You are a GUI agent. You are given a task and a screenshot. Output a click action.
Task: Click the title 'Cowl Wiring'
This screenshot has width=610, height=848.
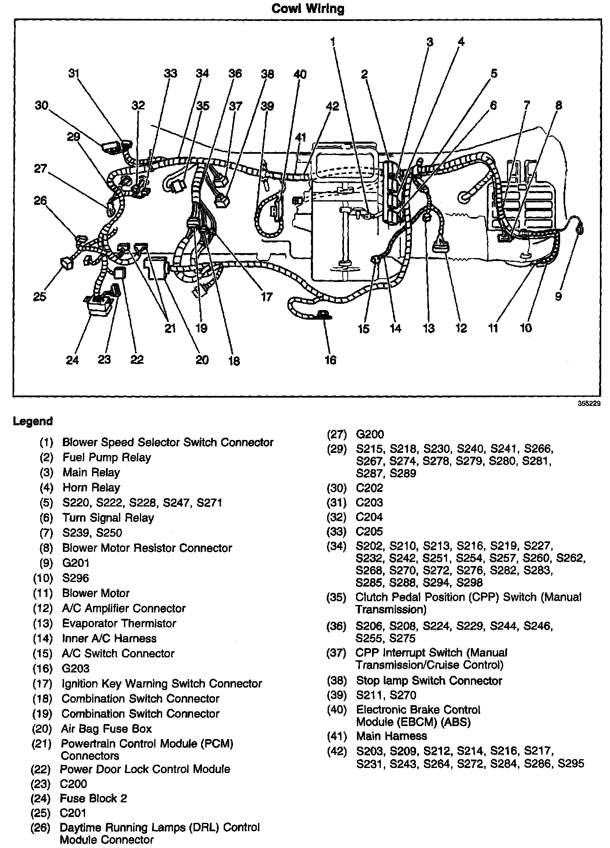308,9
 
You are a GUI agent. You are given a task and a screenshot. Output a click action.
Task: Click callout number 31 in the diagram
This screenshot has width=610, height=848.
74,73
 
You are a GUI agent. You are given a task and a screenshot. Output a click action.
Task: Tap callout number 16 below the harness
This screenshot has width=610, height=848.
330,359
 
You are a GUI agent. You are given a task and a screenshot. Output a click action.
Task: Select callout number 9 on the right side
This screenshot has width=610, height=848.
558,297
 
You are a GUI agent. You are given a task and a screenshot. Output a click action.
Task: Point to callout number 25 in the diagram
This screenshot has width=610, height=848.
40,297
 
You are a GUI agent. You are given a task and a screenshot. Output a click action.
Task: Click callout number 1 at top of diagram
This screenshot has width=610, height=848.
333,41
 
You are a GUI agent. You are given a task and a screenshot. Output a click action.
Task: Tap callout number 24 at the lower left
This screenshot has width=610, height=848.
72,359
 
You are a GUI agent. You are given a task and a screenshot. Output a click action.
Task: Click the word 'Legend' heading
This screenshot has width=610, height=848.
33,421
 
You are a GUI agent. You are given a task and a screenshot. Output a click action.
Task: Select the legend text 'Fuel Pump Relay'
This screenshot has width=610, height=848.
106,457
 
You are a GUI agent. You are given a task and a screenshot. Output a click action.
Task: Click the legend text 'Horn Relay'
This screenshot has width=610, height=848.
91,487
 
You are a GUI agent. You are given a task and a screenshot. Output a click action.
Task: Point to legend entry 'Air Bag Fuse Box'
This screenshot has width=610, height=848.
106,729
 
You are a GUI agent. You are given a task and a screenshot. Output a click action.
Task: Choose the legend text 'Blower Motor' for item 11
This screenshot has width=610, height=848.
96,593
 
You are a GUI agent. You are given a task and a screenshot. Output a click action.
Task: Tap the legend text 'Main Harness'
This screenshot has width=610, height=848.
391,736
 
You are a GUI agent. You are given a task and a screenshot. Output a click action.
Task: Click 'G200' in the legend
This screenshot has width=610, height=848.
370,434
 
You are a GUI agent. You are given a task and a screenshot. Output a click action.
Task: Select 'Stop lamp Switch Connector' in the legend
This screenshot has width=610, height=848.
429,681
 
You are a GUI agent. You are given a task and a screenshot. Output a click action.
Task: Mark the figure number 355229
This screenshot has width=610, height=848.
589,404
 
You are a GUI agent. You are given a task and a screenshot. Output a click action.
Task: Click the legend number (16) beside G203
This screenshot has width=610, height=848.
43,668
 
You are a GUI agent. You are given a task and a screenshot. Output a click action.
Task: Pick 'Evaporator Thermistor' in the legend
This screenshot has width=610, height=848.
119,623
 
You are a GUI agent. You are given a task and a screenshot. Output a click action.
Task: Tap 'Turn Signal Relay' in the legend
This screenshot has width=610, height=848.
108,517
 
